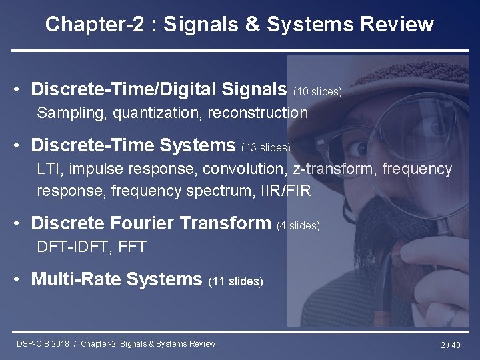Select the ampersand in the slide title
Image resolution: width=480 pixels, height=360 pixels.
pyautogui.click(x=251, y=25)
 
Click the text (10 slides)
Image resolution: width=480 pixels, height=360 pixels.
pyautogui.click(x=317, y=91)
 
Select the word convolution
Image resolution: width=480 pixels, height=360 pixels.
pyautogui.click(x=246, y=169)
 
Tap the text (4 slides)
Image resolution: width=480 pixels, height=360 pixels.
pyautogui.click(x=298, y=226)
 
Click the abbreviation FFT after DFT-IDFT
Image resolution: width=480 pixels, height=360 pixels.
pyautogui.click(x=132, y=247)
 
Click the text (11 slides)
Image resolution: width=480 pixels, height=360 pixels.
pyautogui.click(x=236, y=281)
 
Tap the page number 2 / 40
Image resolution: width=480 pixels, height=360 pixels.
pyautogui.click(x=451, y=345)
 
